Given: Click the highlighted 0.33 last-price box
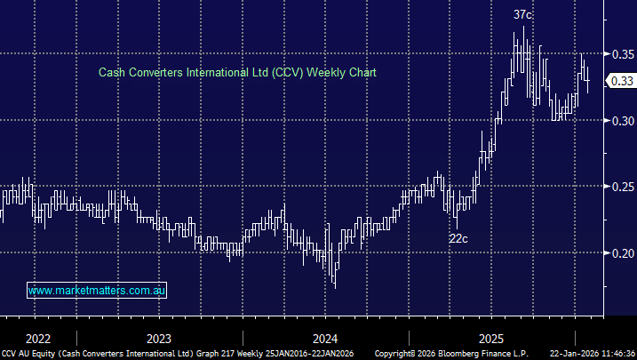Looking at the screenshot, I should (x=619, y=81).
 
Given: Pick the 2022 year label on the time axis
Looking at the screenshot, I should (x=38, y=338).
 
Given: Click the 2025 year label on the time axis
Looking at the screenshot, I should (x=490, y=338).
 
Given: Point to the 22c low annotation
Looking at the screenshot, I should (x=458, y=238).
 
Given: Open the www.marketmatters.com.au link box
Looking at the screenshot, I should (x=98, y=291).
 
